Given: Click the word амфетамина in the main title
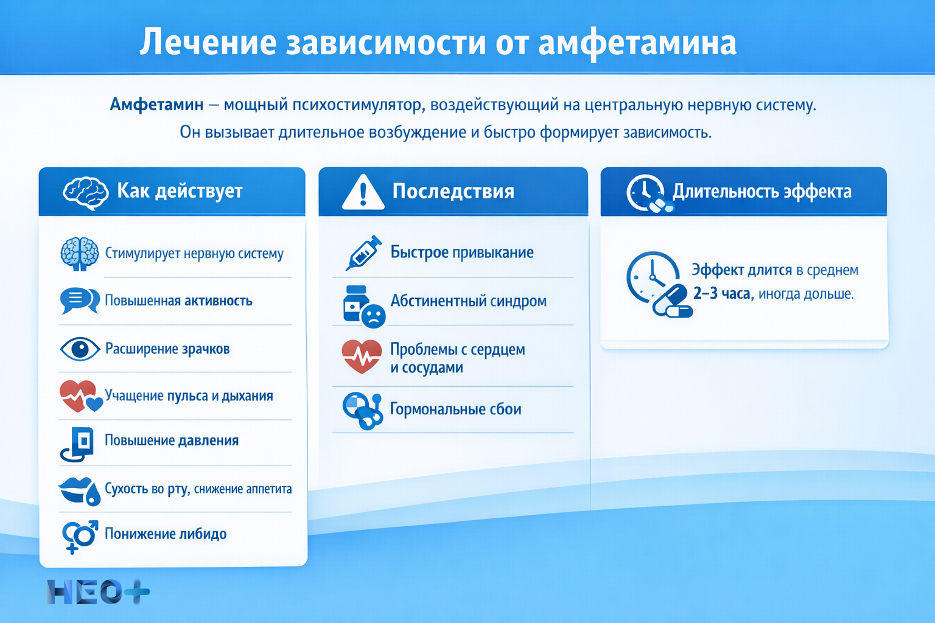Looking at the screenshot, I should pyautogui.click(x=637, y=43).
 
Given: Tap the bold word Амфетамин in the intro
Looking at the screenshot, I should pyautogui.click(x=156, y=105).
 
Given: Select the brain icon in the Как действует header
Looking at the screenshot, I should pyautogui.click(x=85, y=193).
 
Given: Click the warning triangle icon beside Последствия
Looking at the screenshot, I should pyautogui.click(x=363, y=193).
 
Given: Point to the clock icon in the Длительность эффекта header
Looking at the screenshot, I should pyautogui.click(x=645, y=192).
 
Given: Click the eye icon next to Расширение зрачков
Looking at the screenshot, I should pyautogui.click(x=80, y=349).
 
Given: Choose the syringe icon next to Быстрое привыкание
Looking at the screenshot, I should pyautogui.click(x=363, y=252).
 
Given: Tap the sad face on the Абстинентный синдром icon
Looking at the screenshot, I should pyautogui.click(x=373, y=316).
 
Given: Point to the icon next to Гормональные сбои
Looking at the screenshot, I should pyautogui.click(x=362, y=410).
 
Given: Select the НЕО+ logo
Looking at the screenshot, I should pyautogui.click(x=98, y=591).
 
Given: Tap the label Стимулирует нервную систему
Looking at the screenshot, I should pyautogui.click(x=194, y=253).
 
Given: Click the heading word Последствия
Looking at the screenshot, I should pyautogui.click(x=453, y=191).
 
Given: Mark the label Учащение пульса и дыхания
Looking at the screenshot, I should pyautogui.click(x=189, y=395).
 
